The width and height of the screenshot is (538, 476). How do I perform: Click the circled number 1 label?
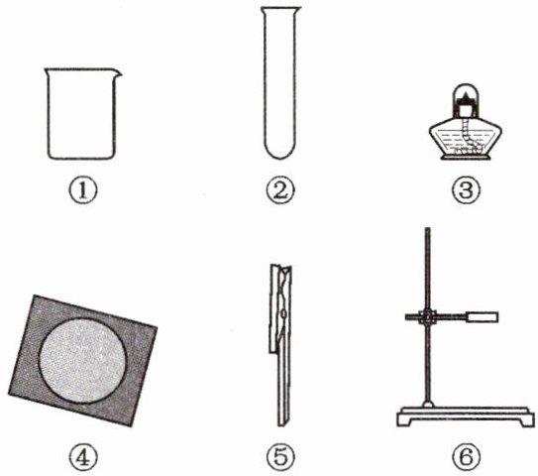[83, 190]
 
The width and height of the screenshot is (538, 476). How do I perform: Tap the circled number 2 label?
[280, 190]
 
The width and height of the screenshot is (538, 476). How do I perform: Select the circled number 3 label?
[466, 190]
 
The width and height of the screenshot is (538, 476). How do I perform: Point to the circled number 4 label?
[83, 457]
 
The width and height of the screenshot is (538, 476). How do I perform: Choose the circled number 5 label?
[280, 457]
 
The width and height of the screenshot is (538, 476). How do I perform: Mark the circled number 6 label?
[466, 457]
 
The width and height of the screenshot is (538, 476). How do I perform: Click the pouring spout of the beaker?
[117, 72]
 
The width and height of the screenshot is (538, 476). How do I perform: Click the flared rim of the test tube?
[280, 9]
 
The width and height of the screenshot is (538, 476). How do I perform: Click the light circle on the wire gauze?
[82, 360]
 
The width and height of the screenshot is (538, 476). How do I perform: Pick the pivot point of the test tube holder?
[283, 313]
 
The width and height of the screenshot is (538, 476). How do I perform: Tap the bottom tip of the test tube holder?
[283, 424]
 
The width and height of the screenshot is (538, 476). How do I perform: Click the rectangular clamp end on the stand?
[482, 317]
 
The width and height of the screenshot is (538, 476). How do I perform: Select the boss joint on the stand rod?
[427, 317]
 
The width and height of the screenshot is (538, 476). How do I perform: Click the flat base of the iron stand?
[466, 416]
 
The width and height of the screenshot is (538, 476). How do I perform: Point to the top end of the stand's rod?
[427, 229]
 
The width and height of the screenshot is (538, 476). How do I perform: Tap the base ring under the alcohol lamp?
[465, 158]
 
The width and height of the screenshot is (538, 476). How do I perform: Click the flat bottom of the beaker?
[81, 158]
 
